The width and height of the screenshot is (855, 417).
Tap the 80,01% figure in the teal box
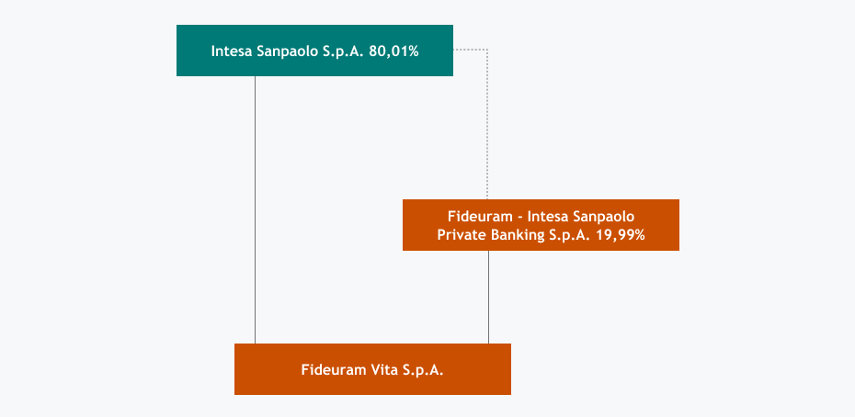point(393,51)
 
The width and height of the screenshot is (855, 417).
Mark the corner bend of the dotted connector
point(486,50)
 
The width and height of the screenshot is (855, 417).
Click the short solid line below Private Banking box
point(488,297)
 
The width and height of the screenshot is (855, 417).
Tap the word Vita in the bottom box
point(383,370)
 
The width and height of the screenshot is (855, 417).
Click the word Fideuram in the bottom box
point(333,370)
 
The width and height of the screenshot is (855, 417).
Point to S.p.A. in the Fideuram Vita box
point(423,370)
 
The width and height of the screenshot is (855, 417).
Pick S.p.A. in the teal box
point(344,51)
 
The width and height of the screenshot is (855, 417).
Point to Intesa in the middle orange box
point(551,217)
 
